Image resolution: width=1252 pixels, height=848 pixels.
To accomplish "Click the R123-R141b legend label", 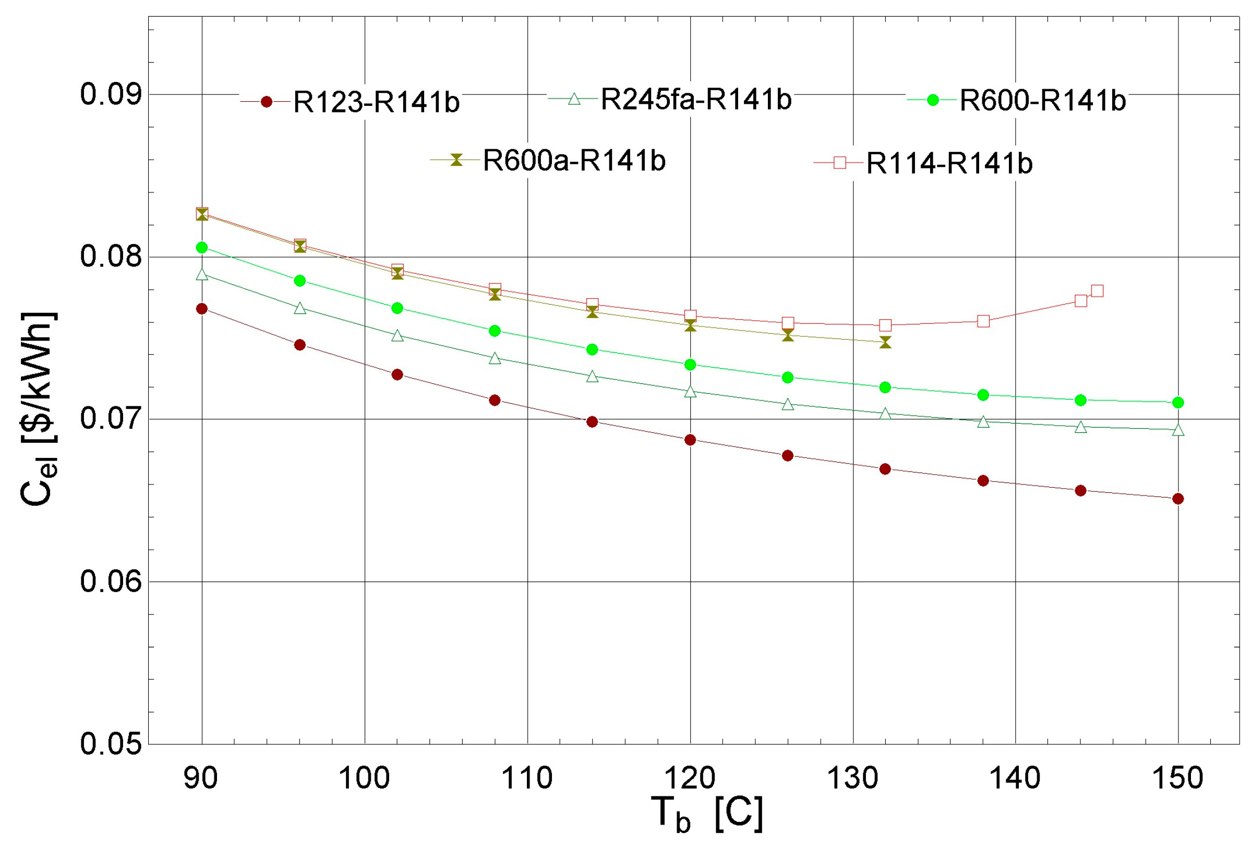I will [376, 102].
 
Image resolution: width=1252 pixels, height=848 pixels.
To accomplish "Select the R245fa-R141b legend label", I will [695, 99].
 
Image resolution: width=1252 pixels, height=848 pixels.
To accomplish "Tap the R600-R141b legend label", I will [1042, 100].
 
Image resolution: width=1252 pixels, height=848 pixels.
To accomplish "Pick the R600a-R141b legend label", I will [574, 161].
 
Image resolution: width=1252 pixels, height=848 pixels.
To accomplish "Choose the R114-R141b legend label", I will [949, 163].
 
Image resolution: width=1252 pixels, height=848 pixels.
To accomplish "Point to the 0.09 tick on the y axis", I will [111, 94].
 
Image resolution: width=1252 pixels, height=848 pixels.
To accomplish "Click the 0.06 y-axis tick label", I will [111, 582].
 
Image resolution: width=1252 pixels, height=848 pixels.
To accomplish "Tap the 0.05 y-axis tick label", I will [111, 744].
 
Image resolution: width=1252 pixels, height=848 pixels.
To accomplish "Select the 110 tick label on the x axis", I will [527, 779].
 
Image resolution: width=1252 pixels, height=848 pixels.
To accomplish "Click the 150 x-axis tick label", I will [1177, 779].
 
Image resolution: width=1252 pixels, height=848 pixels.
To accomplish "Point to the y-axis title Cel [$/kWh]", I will [39, 409].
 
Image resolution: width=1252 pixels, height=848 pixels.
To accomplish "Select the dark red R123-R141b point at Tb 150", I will [1177, 499].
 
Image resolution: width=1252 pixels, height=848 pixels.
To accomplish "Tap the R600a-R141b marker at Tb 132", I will [885, 343].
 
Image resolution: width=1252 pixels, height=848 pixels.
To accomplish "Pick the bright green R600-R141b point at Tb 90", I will [202, 248].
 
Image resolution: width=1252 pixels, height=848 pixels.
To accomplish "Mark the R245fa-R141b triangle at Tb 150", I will [1177, 430].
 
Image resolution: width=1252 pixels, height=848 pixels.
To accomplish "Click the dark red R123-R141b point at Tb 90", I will [202, 309].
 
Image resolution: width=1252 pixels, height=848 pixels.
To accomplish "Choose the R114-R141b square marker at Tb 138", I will [983, 321].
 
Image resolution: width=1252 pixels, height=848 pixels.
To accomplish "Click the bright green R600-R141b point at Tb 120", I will [690, 365].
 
